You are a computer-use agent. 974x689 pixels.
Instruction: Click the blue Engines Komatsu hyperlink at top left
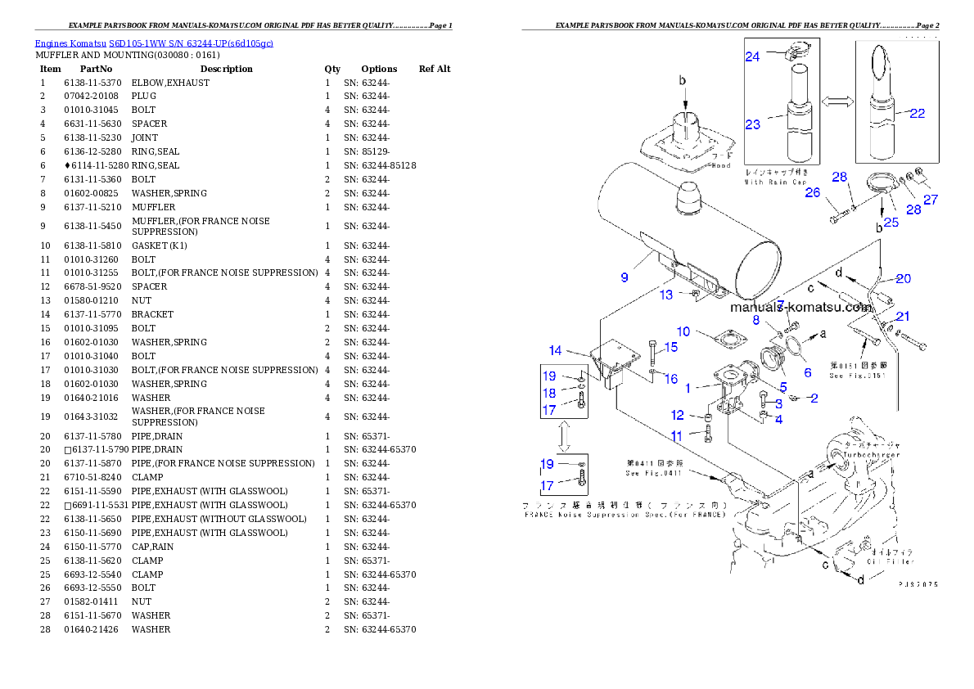tap(154, 43)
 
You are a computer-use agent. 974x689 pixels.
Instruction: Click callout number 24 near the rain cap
tap(752, 56)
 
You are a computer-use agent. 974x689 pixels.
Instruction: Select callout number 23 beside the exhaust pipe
tap(753, 124)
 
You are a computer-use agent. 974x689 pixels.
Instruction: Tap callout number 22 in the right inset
tap(918, 113)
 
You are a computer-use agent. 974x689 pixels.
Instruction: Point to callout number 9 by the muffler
tap(625, 277)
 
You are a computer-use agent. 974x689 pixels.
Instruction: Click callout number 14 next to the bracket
tap(556, 350)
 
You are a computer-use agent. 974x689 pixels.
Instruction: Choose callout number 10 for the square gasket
tap(683, 331)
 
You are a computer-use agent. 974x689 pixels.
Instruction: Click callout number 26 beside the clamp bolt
tap(812, 192)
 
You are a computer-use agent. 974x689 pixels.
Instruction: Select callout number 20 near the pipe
tap(903, 279)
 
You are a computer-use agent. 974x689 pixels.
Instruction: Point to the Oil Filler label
tap(891, 561)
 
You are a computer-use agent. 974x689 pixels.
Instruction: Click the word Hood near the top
tap(720, 165)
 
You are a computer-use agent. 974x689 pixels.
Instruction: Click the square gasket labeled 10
tap(721, 339)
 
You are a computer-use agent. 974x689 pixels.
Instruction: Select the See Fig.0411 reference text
tap(652, 473)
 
